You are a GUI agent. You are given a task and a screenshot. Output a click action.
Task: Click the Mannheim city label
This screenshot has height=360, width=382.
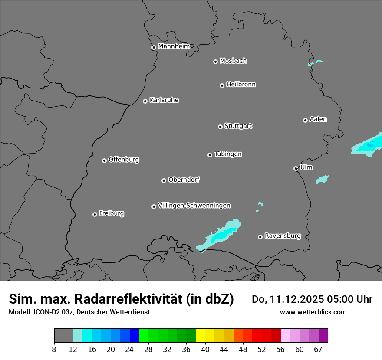click(174, 46)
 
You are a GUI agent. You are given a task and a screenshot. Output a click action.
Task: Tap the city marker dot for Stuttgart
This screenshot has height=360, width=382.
click(220, 127)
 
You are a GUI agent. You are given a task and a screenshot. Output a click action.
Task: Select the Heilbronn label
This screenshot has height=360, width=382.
click(241, 85)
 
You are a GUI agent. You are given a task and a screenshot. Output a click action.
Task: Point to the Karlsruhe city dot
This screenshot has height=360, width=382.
click(145, 101)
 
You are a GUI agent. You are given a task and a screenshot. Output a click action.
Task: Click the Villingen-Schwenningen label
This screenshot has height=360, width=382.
click(194, 206)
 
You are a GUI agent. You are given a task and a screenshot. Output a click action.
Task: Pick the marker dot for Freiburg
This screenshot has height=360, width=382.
click(95, 214)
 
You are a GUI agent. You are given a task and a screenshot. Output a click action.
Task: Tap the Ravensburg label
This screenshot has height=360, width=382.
click(282, 236)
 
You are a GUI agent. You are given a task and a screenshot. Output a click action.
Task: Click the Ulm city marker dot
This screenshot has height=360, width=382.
click(296, 168)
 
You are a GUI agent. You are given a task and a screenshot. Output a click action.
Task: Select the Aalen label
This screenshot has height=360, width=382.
click(318, 119)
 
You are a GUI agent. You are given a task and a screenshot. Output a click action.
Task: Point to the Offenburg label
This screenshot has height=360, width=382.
click(123, 160)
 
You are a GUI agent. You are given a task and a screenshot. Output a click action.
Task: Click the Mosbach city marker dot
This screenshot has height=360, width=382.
click(215, 62)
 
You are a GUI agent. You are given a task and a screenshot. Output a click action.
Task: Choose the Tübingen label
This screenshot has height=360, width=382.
click(228, 154)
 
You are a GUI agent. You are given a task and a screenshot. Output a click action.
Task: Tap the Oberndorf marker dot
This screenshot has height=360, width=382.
click(164, 180)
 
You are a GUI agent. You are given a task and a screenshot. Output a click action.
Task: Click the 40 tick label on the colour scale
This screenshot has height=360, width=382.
click(205, 350)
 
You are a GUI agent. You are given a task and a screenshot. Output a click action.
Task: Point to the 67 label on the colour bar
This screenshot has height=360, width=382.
click(318, 350)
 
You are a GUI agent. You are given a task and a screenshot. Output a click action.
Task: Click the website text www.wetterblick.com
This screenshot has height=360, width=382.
click(313, 312)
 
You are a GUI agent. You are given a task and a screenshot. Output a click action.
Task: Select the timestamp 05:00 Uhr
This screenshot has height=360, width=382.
click(342, 299)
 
